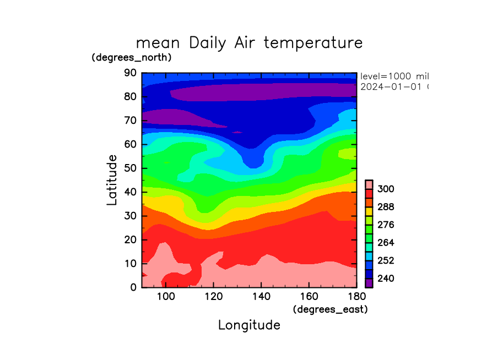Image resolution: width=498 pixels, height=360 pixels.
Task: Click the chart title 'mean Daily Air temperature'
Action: (249, 42)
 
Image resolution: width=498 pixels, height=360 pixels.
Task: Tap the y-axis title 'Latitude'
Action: (112, 180)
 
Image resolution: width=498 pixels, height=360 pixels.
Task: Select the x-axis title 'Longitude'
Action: (249, 325)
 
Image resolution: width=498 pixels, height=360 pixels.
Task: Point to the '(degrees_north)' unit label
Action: (132, 57)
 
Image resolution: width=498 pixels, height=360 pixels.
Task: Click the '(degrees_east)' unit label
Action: (330, 309)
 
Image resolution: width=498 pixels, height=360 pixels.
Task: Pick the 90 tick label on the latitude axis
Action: (131, 73)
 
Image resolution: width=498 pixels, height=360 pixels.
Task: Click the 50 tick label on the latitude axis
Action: (131, 168)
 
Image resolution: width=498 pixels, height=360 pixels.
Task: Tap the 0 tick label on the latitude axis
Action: (134, 287)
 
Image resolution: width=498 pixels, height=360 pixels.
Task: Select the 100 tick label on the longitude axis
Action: (166, 298)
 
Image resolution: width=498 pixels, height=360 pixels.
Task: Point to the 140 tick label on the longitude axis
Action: (261, 298)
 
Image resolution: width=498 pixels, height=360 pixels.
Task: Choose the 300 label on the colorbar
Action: (386, 189)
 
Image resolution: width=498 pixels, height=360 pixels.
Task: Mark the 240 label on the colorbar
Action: (386, 279)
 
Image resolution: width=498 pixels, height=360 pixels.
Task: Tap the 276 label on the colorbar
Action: (386, 225)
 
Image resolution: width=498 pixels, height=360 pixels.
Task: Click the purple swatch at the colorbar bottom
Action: (369, 283)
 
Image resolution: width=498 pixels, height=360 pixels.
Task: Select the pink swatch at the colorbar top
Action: (369, 184)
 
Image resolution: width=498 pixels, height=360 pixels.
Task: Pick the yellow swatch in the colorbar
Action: (369, 211)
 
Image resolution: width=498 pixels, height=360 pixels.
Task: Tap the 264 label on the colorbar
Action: (386, 243)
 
